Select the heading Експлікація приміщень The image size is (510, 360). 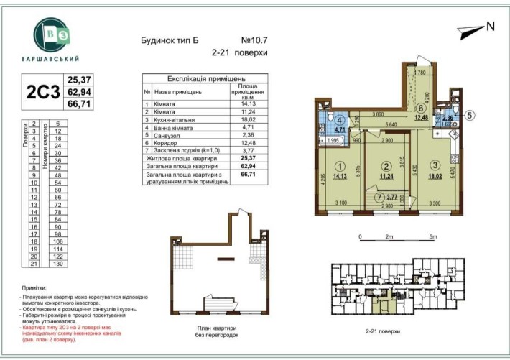(x=207, y=78)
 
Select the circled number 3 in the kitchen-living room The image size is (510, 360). (x=435, y=165)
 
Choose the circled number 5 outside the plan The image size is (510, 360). (x=470, y=113)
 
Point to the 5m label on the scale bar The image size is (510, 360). (x=432, y=236)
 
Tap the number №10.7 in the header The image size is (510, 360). (x=254, y=40)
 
